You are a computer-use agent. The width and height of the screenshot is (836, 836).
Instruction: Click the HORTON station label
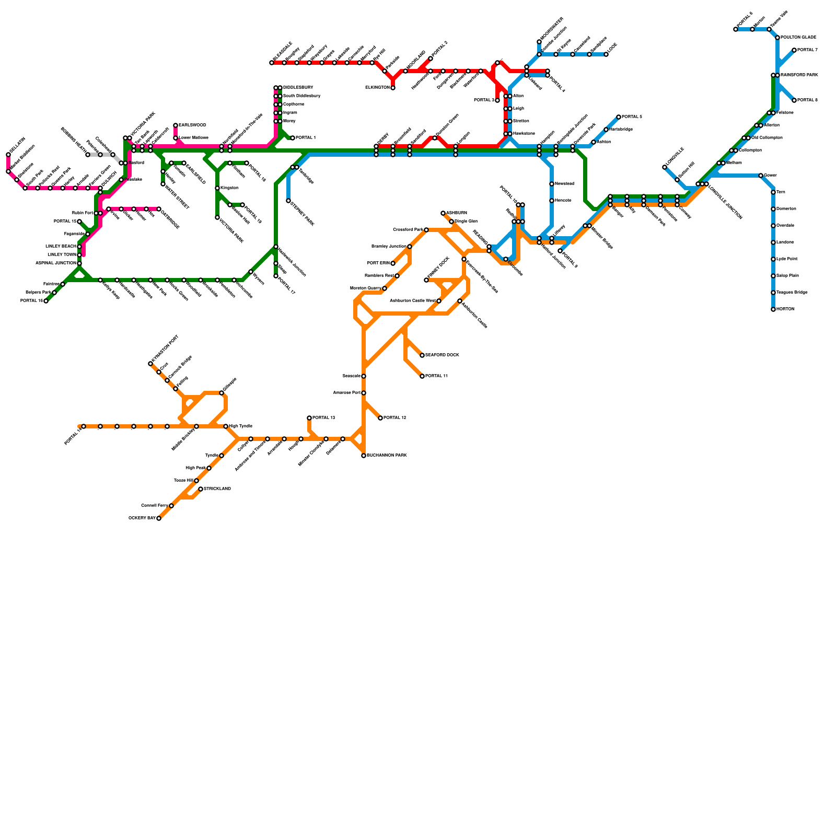[785, 309]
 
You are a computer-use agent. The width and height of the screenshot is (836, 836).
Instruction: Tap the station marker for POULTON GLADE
[777, 38]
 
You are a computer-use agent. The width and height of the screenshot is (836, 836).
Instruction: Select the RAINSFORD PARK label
[799, 75]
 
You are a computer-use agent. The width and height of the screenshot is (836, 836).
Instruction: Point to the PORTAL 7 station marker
[794, 50]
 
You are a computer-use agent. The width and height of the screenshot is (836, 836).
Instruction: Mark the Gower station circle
[761, 176]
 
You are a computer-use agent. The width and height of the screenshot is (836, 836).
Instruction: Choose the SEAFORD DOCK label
[442, 355]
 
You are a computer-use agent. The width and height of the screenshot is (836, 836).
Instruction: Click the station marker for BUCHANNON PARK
[364, 456]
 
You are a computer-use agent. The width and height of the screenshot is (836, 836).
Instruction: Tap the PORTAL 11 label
[436, 376]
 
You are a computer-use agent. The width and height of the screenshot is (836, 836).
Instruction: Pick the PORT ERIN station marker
[393, 263]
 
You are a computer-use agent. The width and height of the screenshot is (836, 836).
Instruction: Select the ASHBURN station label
[457, 213]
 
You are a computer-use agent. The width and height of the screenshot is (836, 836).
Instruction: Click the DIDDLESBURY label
[298, 88]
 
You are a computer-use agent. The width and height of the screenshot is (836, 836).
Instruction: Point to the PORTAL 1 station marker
[293, 138]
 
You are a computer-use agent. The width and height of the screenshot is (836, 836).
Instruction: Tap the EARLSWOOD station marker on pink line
[176, 125]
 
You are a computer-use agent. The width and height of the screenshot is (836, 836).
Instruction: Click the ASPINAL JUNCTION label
[56, 263]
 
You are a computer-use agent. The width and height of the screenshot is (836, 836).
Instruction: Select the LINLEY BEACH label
[61, 246]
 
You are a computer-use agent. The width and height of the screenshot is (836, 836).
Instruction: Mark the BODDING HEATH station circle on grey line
[88, 155]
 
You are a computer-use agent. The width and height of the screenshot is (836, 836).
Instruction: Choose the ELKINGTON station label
[377, 88]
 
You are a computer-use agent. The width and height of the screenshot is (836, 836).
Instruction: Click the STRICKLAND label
[217, 489]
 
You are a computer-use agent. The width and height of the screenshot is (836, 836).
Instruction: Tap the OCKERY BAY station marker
[159, 518]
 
